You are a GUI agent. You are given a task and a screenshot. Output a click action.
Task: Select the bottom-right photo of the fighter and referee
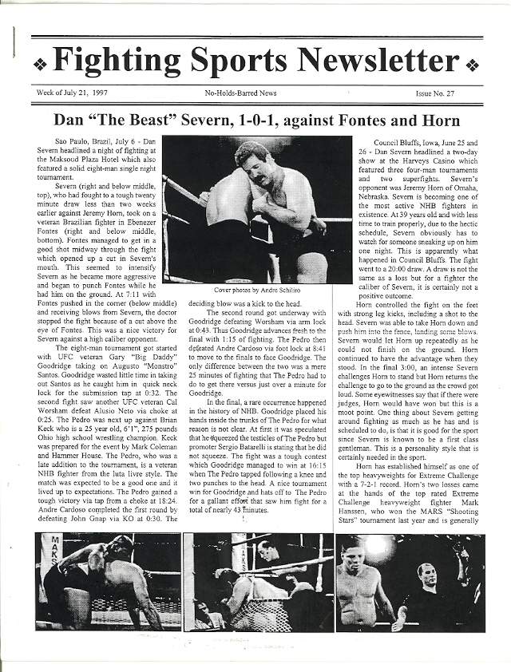(409, 582)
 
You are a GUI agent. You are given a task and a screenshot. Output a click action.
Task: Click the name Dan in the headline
(69, 121)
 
